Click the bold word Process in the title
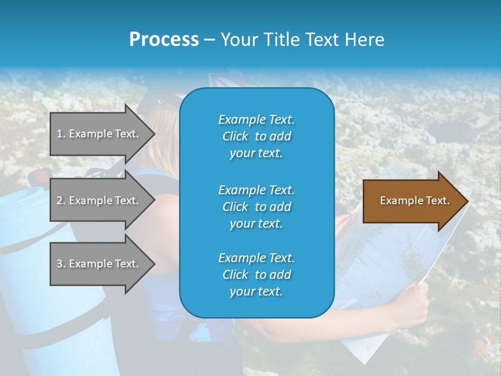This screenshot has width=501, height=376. coord(164,40)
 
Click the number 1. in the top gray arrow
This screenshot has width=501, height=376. coord(61,134)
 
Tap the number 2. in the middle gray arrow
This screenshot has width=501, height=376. coord(61,201)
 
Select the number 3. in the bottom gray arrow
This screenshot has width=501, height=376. coord(61,264)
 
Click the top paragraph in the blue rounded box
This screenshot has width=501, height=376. coord(256,136)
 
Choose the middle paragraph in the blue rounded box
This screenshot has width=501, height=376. coord(256,207)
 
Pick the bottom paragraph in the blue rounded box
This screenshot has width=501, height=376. coord(256,275)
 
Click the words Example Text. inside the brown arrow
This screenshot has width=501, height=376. coord(415,201)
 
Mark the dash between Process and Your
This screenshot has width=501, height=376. coord(209,40)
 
